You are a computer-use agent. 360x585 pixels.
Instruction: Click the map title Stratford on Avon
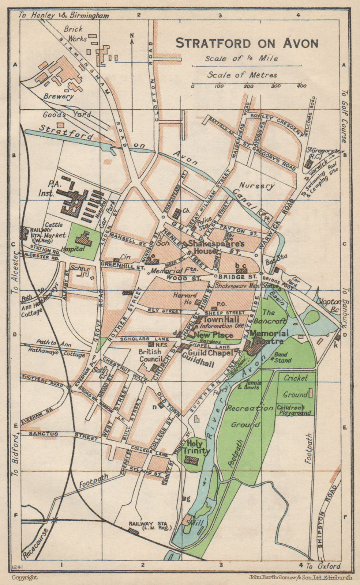(247, 43)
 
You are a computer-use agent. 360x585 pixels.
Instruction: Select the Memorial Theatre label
(269, 337)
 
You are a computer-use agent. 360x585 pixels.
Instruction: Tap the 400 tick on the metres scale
(301, 86)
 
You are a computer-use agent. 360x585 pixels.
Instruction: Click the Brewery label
(59, 97)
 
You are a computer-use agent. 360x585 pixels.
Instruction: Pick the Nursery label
(257, 185)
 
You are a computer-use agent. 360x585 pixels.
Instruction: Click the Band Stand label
(283, 357)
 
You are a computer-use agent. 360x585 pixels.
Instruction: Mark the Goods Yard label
(67, 115)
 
